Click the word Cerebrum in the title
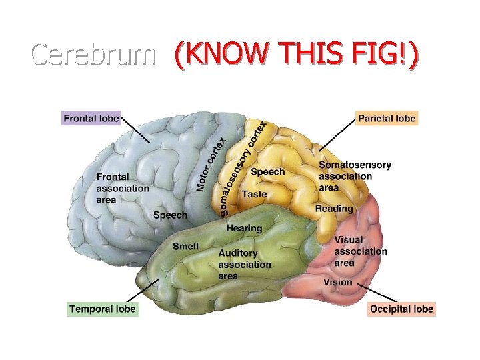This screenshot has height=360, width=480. coord(93,54)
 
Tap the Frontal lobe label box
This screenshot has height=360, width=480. coord(91,119)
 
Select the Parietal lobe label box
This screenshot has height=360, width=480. coord(387,119)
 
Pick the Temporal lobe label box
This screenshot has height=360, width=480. coord(102,309)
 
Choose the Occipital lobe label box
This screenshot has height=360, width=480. coord(401,309)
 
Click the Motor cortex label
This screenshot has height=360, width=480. coord(211,163)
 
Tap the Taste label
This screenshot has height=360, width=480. coord(254,194)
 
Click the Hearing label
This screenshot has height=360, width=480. coord(244,228)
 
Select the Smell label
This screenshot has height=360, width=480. coord(185,246)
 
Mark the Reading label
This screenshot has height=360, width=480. coord(334,209)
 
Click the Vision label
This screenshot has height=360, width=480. coord(337,282)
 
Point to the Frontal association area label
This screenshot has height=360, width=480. coord(123,188)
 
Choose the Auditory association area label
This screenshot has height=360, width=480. coord(245,264)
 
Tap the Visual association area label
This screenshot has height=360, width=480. coord(360,251)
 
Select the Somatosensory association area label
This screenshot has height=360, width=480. coord(354,176)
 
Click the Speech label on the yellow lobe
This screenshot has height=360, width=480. coord(267,171)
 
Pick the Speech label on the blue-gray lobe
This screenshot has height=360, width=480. coord(171,215)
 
